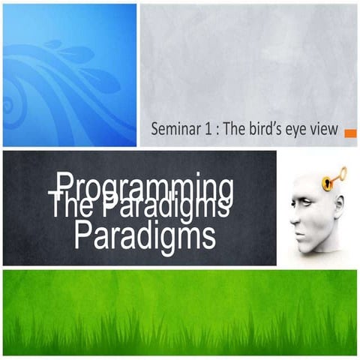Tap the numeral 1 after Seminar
pyautogui.click(x=205, y=129)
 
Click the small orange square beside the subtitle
pyautogui.click(x=350, y=133)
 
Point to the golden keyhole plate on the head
pyautogui.click(x=327, y=183)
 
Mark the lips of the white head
pyautogui.click(x=298, y=230)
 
